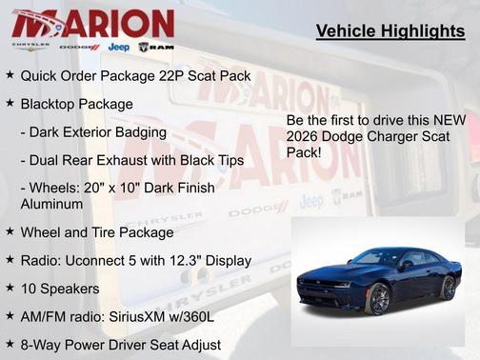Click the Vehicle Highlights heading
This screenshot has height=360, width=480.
click(x=390, y=32)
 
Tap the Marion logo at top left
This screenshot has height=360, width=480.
click(x=93, y=22)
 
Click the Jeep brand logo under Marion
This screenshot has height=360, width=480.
click(x=119, y=47)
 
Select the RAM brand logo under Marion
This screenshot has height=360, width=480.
click(x=156, y=47)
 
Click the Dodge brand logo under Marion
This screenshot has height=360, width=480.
click(x=79, y=47)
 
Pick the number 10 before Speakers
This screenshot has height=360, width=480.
click(x=29, y=288)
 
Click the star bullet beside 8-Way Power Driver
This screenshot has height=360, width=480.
click(x=10, y=344)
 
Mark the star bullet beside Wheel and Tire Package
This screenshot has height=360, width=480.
click(x=10, y=231)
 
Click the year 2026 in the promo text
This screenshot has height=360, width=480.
click(x=306, y=135)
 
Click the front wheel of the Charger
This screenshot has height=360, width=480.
click(x=379, y=300)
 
